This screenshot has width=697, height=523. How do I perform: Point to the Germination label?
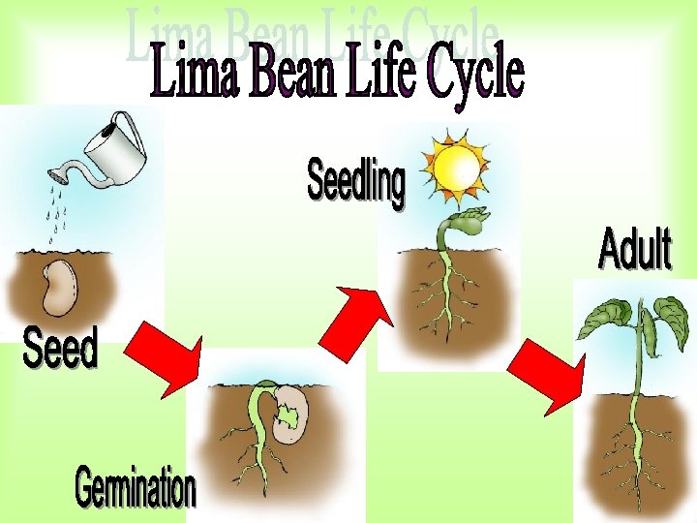tap(136, 489)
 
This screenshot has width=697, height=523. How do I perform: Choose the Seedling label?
tap(356, 182)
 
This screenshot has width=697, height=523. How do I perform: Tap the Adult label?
tap(634, 249)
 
